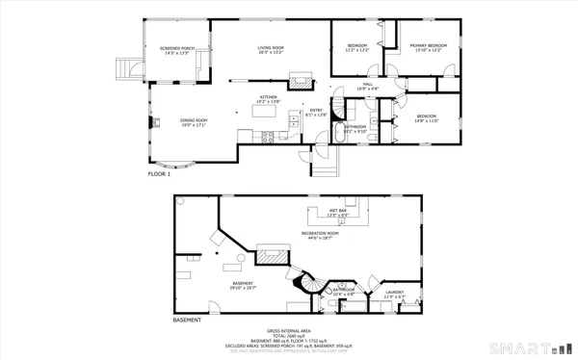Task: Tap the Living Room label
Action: pyautogui.click(x=269, y=49)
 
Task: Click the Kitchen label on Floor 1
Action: pyautogui.click(x=268, y=99)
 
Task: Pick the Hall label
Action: pyautogui.click(x=368, y=87)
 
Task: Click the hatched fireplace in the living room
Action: pyautogui.click(x=302, y=80)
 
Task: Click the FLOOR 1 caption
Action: pyautogui.click(x=159, y=175)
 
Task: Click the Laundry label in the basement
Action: pyautogui.click(x=394, y=294)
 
